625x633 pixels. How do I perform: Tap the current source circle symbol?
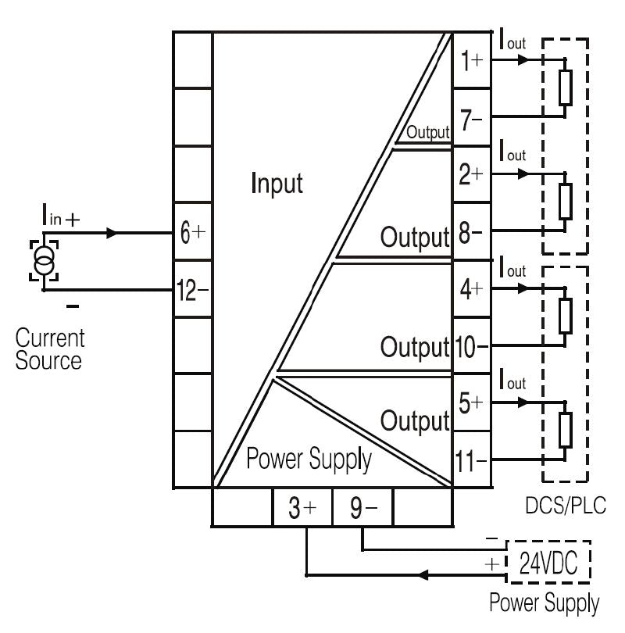43,259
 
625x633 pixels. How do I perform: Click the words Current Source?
49,350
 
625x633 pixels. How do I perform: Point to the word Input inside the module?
277,184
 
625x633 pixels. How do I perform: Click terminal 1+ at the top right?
472,60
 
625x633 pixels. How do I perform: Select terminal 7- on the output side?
472,118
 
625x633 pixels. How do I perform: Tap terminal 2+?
472,175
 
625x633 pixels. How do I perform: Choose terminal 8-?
472,232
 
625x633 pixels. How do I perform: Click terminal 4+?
472,289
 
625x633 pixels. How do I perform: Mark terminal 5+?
472,403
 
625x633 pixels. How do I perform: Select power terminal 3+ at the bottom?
302,509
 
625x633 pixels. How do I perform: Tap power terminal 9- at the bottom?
362,509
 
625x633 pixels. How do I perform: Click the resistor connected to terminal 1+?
565,88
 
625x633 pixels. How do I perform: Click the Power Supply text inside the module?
309,459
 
